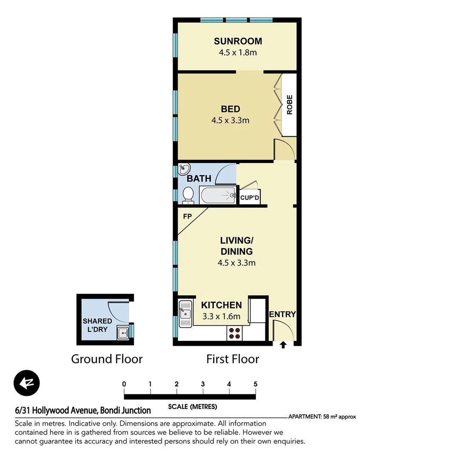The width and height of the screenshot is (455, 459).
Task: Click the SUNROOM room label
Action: coord(238,41)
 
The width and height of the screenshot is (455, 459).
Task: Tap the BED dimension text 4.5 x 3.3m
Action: coord(230,120)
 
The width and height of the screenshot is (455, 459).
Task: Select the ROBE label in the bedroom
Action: coord(290,105)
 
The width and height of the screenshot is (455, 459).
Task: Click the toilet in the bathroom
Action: coord(188,195)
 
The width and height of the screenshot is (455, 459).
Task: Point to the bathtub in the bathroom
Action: coord(218,195)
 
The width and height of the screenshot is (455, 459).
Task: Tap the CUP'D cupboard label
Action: coord(250,198)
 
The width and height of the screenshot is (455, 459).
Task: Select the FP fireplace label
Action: coord(187,216)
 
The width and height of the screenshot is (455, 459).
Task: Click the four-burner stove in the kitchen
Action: coord(233,333)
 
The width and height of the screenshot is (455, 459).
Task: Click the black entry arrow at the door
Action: coord(283,345)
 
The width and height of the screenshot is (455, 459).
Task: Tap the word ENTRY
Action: coord(282,314)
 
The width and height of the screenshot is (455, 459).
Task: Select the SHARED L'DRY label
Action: coord(97,325)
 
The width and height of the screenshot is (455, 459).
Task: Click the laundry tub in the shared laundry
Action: coord(122,333)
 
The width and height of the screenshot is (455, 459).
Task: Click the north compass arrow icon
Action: coord(26,383)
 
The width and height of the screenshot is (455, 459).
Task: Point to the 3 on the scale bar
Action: coord(203,384)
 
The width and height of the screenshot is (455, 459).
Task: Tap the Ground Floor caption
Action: coord(107,359)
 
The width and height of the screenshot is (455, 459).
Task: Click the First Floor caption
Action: coord(233,359)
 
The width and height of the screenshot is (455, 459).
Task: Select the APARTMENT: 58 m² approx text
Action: coord(322,417)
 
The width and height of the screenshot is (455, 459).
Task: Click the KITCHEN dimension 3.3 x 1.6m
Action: coord(221,316)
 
